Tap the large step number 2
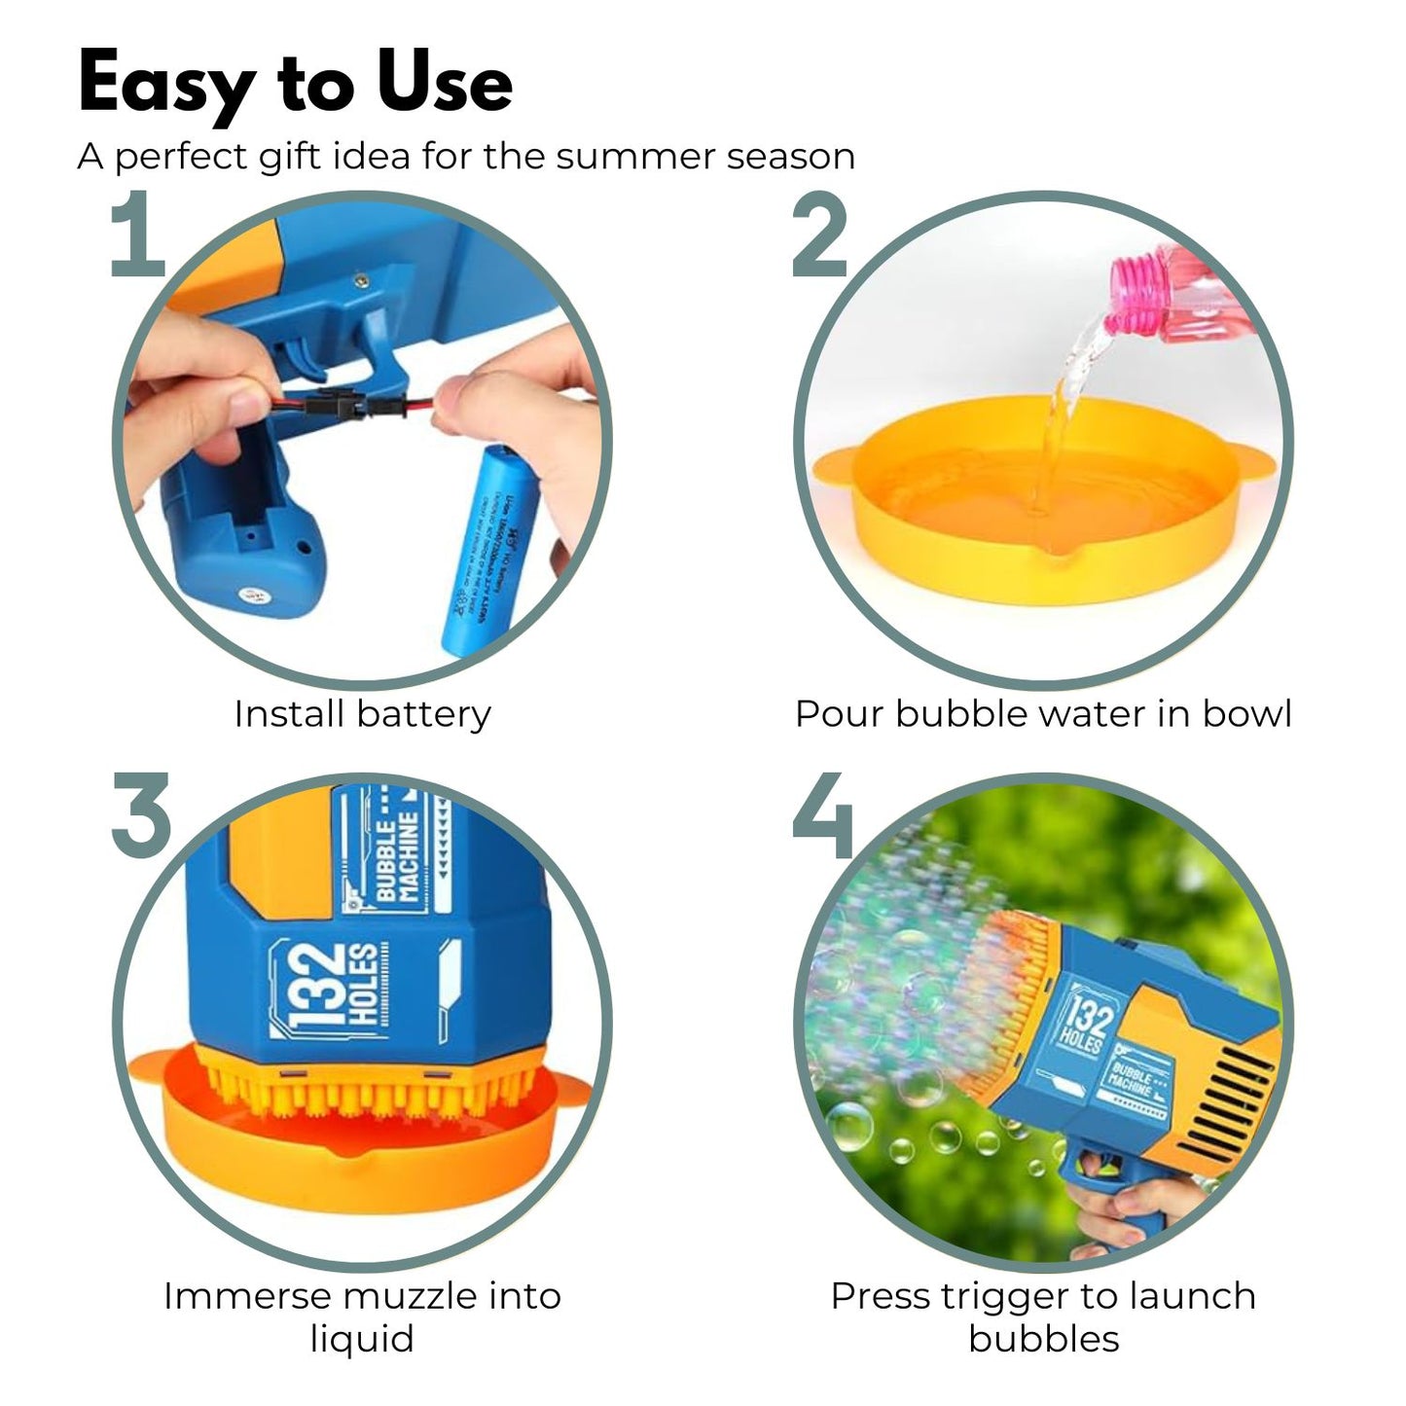819,235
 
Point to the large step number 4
823,817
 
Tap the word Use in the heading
445,84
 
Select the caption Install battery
362,714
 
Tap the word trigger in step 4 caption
1007,1296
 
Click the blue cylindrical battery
484,550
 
